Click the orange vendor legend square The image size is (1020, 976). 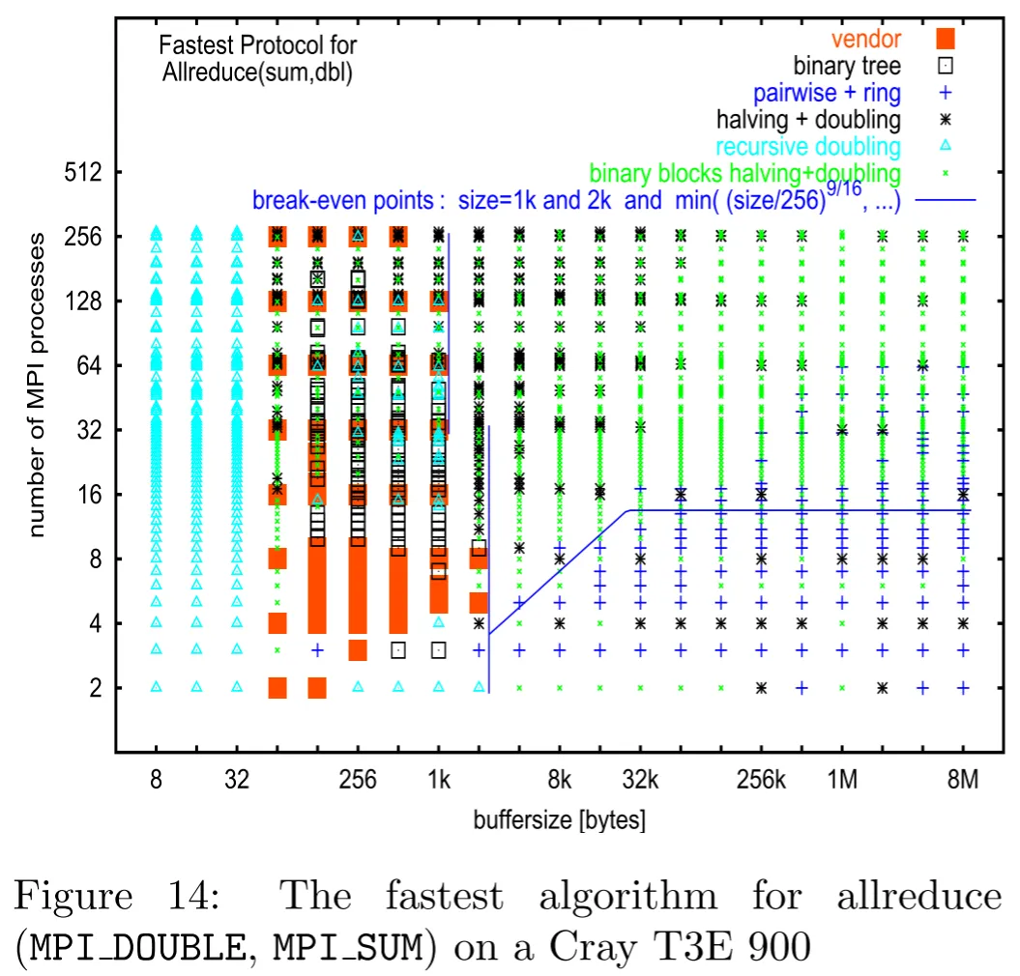click(946, 39)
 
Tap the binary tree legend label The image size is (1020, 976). click(847, 66)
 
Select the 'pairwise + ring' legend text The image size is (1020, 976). click(827, 93)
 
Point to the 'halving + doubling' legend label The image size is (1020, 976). click(808, 120)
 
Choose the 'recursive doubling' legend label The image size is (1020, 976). click(808, 147)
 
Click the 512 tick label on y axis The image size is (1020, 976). click(83, 172)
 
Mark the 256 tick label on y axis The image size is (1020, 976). click(83, 237)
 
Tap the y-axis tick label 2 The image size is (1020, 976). click(97, 688)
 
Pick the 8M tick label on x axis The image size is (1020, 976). click(963, 779)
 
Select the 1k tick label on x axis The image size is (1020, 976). click(439, 779)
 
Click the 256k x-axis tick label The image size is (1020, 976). click(761, 779)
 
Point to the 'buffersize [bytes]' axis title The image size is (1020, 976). click(560, 820)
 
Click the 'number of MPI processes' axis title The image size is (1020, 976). click(37, 385)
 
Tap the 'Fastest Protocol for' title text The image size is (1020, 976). click(257, 44)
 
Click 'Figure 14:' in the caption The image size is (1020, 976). click(117, 896)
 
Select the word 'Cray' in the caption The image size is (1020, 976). click(592, 948)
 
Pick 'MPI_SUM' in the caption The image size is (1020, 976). click(348, 948)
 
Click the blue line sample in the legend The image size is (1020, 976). click(946, 200)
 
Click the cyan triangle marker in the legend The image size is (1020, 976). click(946, 146)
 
